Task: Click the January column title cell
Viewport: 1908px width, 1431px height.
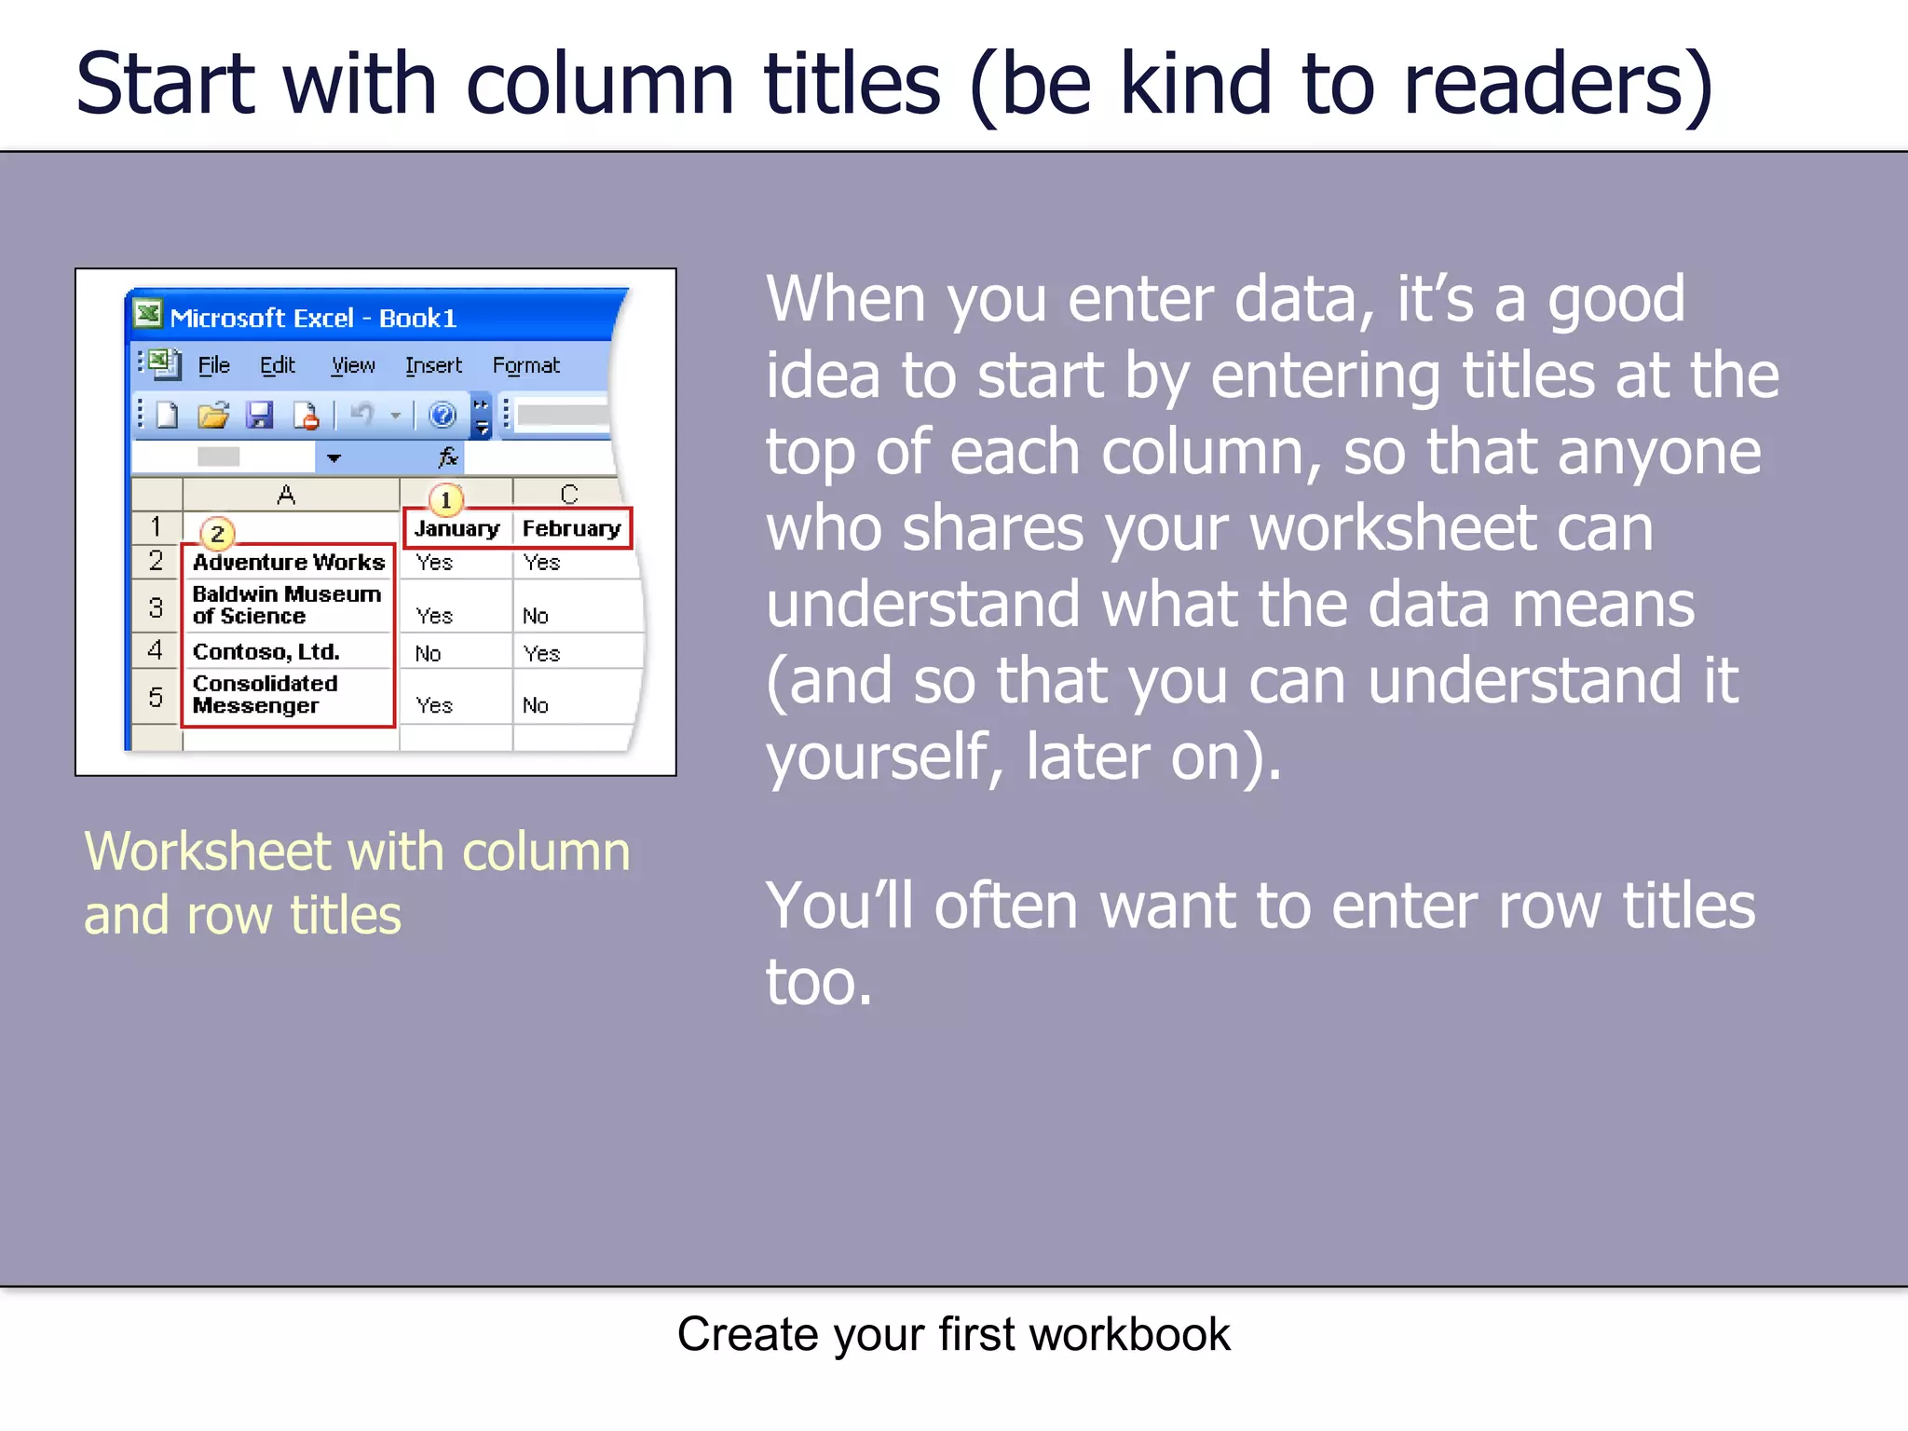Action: point(457,528)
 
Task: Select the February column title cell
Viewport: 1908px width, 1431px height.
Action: point(571,528)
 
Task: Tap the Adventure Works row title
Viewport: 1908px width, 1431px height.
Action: point(288,562)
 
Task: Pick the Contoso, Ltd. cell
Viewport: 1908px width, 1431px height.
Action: point(266,651)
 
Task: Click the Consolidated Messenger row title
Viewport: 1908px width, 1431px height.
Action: point(266,695)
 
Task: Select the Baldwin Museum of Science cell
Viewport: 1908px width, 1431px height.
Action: point(286,606)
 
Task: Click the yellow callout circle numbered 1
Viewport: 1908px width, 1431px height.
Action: point(446,499)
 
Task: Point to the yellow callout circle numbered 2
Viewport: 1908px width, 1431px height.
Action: point(217,534)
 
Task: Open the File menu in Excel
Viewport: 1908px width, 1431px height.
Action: point(213,365)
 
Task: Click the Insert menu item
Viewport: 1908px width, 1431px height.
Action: point(433,365)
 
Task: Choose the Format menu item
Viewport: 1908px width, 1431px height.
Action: point(525,365)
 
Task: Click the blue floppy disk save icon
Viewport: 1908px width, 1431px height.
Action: point(259,415)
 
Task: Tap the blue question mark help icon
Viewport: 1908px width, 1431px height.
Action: point(442,415)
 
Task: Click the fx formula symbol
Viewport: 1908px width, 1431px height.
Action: point(448,457)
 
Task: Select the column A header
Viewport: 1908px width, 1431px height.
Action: point(286,495)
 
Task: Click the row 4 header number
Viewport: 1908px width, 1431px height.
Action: point(156,650)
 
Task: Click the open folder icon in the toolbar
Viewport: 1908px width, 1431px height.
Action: point(213,415)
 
